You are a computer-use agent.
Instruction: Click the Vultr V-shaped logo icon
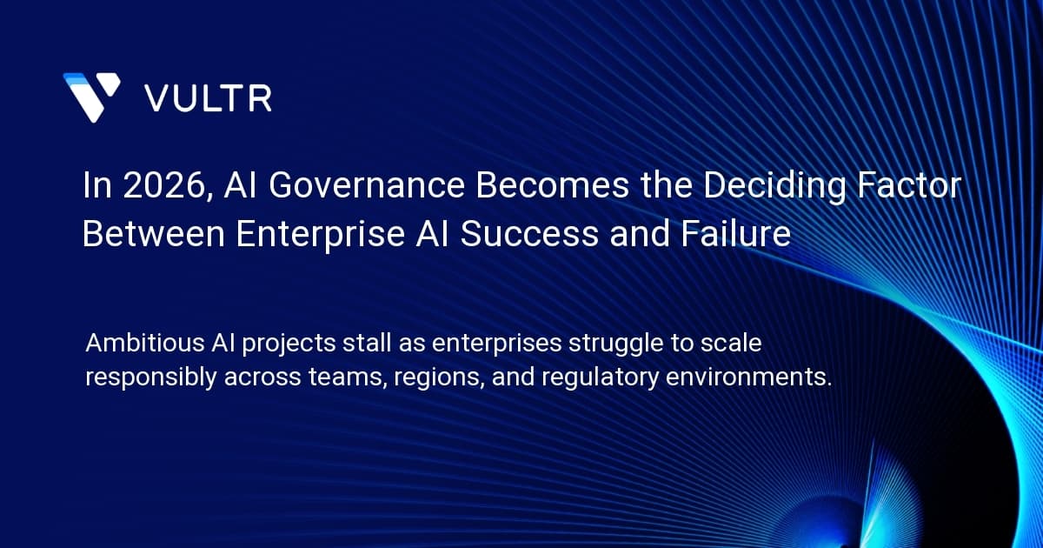click(x=91, y=97)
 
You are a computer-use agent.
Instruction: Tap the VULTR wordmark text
click(x=208, y=98)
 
